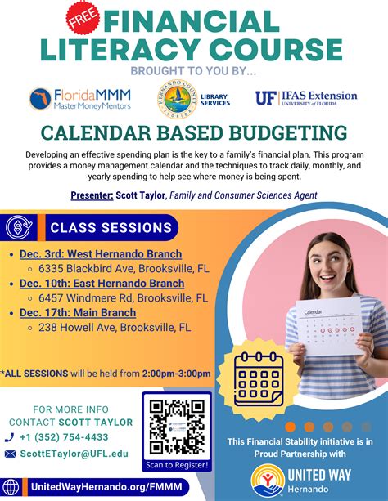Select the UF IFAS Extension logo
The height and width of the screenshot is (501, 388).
(x=306, y=99)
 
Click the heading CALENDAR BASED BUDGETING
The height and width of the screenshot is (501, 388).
(x=194, y=133)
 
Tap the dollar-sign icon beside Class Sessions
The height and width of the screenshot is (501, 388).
(x=20, y=228)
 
